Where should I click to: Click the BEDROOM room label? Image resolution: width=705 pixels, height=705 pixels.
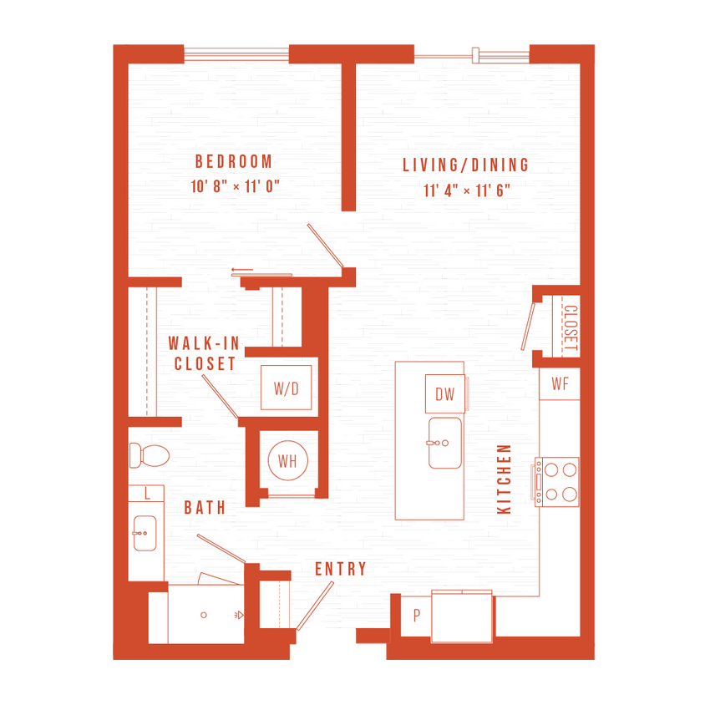click(x=234, y=161)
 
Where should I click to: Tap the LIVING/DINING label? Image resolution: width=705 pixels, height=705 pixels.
click(x=465, y=165)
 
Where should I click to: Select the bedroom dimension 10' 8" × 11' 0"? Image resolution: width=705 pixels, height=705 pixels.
click(x=234, y=186)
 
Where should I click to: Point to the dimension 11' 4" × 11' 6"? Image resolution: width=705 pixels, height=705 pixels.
click(x=466, y=190)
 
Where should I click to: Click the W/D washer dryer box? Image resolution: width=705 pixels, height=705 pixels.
click(x=287, y=388)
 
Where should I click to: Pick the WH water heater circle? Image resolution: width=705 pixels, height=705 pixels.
click(x=287, y=460)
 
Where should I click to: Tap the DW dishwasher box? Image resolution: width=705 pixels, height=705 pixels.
click(x=444, y=394)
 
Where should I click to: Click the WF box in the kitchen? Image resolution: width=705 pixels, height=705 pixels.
click(x=560, y=384)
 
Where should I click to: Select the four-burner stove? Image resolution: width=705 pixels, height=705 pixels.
click(x=557, y=483)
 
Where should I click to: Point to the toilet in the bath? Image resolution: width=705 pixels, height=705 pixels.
click(x=150, y=455)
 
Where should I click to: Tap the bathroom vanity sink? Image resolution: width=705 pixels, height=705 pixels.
click(x=145, y=532)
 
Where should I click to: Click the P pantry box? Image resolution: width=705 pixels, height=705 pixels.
click(x=416, y=616)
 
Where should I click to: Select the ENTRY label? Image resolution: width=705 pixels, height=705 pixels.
click(x=340, y=569)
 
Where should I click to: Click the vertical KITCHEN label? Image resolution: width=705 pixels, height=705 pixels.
click(x=504, y=479)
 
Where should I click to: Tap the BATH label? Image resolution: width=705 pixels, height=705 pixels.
click(x=205, y=507)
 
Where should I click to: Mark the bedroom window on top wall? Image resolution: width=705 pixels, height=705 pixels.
click(x=236, y=55)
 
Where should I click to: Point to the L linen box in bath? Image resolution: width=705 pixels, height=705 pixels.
click(x=147, y=494)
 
